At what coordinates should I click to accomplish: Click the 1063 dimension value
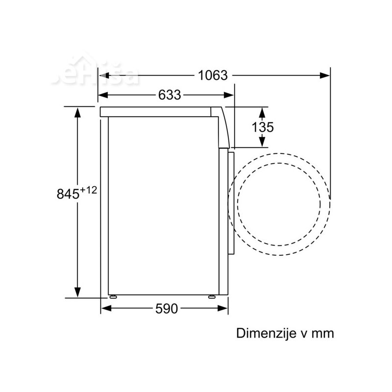click(213, 75)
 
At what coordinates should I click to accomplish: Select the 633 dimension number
click(170, 95)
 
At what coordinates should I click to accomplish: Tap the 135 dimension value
click(263, 127)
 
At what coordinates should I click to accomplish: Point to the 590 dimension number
click(167, 309)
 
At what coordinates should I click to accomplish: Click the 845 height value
click(68, 194)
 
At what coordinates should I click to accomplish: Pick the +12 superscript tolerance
click(88, 190)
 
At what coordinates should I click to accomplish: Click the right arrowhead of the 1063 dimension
click(325, 75)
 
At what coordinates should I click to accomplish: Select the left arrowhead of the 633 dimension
click(103, 95)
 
